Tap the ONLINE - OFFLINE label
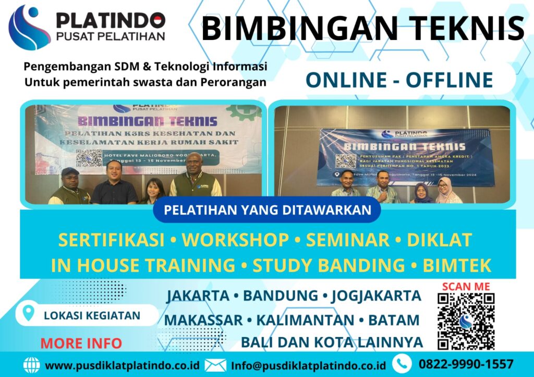[399, 80]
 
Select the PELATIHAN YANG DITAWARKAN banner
[268, 210]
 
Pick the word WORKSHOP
[235, 240]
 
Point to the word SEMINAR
[347, 240]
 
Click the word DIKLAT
[439, 240]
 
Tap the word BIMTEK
[457, 266]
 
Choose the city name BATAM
[394, 320]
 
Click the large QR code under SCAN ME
[466, 321]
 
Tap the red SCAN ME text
[466, 286]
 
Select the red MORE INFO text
[81, 344]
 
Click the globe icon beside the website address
[31, 365]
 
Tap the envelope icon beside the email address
[215, 365]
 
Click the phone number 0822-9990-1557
[466, 364]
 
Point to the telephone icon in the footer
[402, 363]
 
